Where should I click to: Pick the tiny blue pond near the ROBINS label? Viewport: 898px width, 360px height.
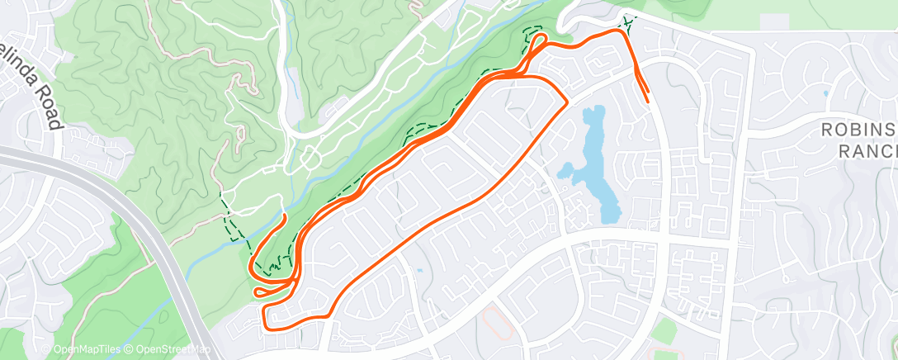(x=825, y=94)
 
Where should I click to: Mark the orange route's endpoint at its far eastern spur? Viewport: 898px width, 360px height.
(x=646, y=101)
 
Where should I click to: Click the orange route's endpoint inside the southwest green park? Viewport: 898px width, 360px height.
(x=286, y=216)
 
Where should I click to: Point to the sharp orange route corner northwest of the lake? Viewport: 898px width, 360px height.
(x=565, y=102)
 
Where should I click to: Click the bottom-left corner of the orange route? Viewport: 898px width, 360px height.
(x=264, y=328)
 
